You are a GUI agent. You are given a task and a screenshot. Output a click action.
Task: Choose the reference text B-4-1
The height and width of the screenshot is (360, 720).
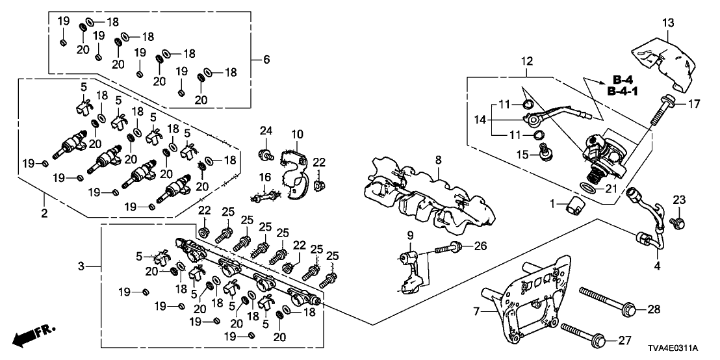coord(622,92)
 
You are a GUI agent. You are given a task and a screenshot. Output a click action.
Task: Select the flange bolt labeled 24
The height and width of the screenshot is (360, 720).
coord(265,154)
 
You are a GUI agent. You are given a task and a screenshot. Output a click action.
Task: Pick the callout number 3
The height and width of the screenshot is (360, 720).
coord(81,266)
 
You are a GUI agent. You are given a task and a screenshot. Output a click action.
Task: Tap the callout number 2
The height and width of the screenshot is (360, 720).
coord(44,212)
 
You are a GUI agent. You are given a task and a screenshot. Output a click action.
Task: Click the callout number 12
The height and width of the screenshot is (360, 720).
coord(526,62)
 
